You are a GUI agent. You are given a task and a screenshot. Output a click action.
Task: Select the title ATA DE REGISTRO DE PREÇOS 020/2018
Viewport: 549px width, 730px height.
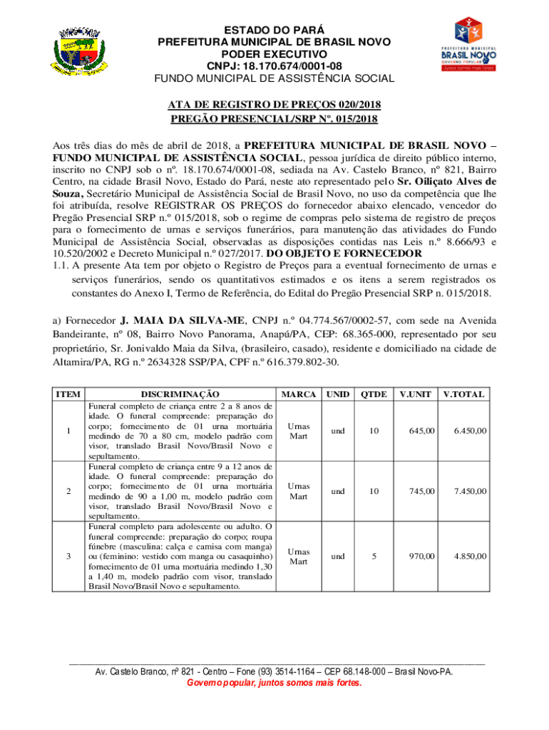[274, 104]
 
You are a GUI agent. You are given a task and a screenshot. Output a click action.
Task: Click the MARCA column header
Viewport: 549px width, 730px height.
[299, 394]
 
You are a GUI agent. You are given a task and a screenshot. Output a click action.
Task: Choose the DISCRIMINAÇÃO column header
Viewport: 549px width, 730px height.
[180, 394]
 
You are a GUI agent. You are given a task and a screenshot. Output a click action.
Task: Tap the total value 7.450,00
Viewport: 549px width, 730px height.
[471, 490]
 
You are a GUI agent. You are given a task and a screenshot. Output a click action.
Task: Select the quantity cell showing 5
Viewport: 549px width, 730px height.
[374, 556]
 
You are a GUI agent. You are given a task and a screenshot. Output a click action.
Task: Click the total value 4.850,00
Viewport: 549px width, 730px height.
[471, 556]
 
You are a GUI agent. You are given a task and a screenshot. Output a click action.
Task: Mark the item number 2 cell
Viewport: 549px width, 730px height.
[68, 490]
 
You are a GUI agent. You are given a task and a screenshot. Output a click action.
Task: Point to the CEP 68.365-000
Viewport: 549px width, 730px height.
[401, 334]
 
